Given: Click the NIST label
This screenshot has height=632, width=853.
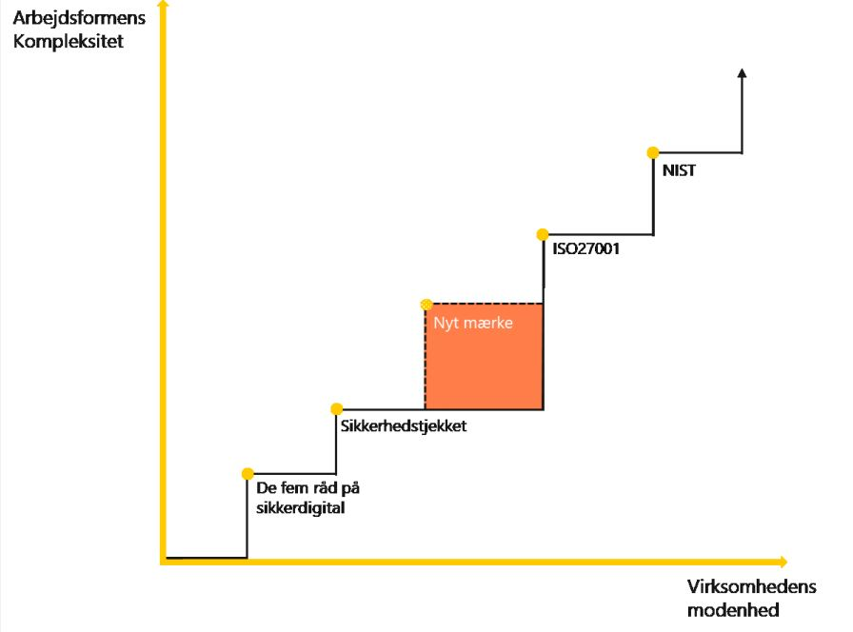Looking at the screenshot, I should [678, 171].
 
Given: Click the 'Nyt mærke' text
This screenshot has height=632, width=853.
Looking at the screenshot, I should [473, 323].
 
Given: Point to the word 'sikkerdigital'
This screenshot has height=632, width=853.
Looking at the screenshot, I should [300, 507].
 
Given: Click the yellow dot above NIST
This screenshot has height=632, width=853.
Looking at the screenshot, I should [652, 152].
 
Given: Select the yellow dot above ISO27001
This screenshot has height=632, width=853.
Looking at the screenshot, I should [542, 234].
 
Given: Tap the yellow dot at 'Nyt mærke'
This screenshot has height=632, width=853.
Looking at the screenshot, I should [426, 305].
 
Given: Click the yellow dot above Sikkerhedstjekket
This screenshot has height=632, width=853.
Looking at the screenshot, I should [336, 408].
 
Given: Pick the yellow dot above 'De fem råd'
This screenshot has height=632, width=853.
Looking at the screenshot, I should [248, 473].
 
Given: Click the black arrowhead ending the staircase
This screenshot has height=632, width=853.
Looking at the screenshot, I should [742, 73].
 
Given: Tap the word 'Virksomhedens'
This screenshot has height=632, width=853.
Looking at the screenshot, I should [750, 587].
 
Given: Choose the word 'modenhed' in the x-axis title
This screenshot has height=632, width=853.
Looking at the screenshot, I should [733, 610].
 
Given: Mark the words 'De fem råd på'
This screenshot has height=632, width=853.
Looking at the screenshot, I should [308, 488].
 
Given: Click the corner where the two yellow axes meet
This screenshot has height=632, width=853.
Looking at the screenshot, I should [164, 562].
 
